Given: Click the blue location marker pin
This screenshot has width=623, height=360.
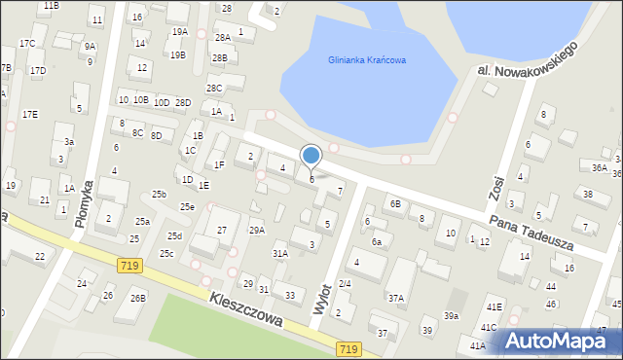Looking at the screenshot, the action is pos(311,157).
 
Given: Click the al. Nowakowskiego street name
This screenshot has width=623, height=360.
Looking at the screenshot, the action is pos(529,58).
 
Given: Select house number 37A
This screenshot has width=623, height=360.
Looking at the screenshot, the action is pos(395,299).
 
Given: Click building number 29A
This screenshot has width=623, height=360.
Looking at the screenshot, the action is pos(257,231).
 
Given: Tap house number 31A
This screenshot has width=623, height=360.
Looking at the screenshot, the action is pos(279,254).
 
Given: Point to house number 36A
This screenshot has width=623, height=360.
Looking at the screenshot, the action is pos(600,167).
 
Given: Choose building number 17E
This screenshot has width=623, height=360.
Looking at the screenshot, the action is pos(30,115).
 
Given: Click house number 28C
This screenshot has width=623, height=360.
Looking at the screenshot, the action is pos(214,89).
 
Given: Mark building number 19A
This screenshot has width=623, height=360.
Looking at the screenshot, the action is pos(180,32).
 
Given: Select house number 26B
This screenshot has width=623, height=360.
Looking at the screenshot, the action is pos(138,298).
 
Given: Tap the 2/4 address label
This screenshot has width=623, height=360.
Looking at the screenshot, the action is pos(344,284).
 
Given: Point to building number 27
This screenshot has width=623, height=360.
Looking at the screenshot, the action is pos(222,230).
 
